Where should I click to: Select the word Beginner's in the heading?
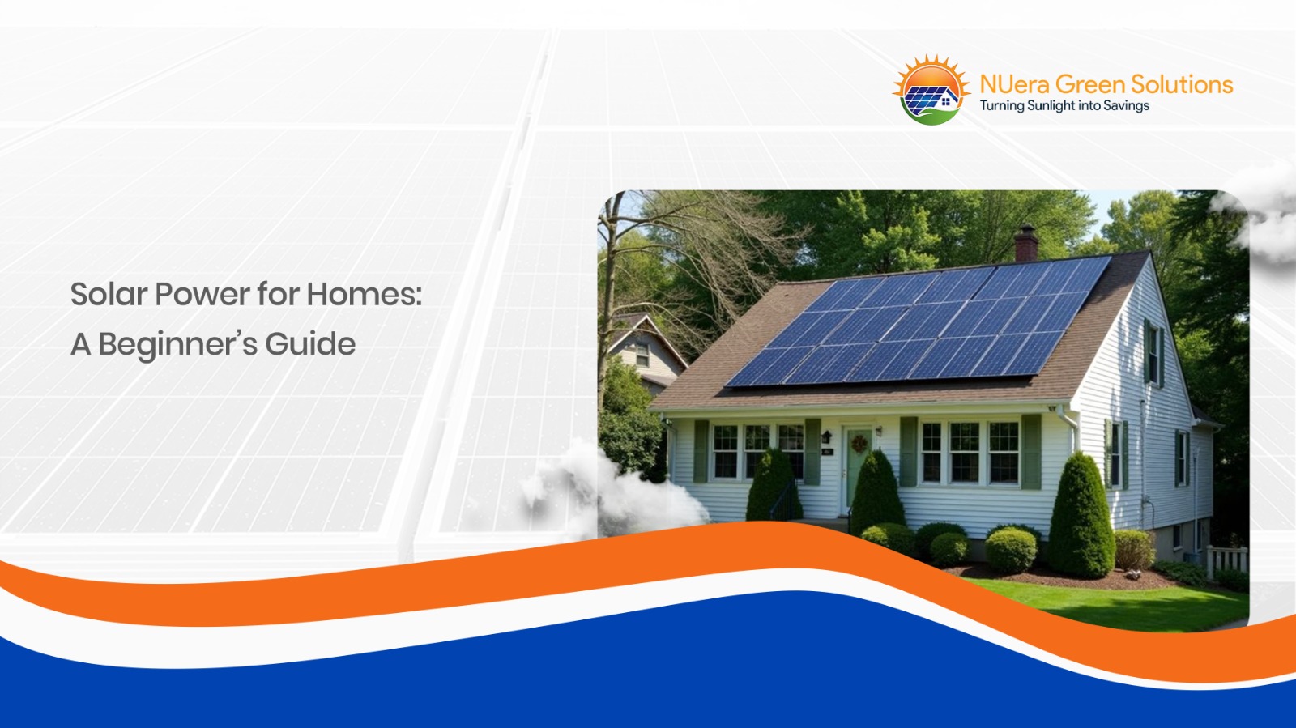pyautogui.click(x=177, y=344)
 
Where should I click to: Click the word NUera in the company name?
pyautogui.click(x=1015, y=84)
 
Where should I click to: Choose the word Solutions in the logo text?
pyautogui.click(x=1182, y=84)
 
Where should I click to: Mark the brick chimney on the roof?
pyautogui.click(x=1026, y=242)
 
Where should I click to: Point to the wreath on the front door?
pyautogui.click(x=859, y=444)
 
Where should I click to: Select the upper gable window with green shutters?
pyautogui.click(x=1152, y=352)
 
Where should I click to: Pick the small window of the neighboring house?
pyautogui.click(x=642, y=354)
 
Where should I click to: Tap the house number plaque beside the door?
pyautogui.click(x=827, y=452)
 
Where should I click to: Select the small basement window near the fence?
pyautogui.click(x=1176, y=536)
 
